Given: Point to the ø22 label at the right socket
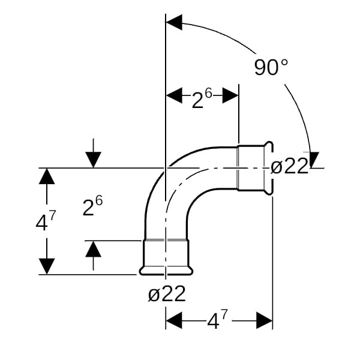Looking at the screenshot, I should click(289, 166).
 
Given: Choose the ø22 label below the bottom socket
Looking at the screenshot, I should click(166, 294).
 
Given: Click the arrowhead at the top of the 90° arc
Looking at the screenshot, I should click(174, 23).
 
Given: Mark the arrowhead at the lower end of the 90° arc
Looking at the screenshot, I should click(313, 160).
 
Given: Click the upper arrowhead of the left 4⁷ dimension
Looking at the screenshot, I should click(47, 176).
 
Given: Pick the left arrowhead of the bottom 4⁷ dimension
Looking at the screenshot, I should click(174, 320).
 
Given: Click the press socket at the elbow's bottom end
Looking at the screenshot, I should click(166, 257).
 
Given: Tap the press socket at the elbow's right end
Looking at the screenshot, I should click(254, 168).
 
